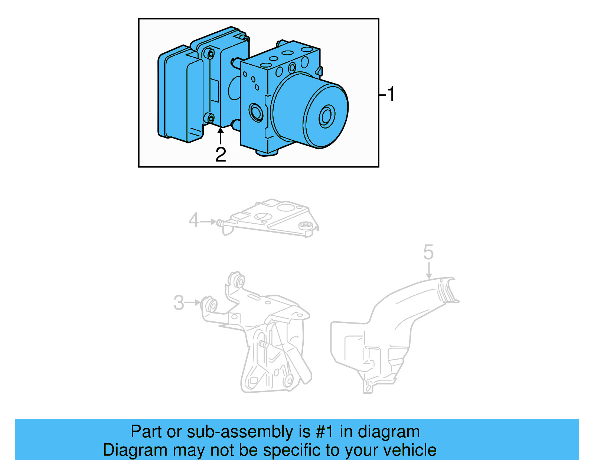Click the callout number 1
coord(391,94)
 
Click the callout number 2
coord(221,155)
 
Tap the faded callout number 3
coord(179,303)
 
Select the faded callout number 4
coord(194,220)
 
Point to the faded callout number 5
coord(428,253)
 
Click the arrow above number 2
coord(221,135)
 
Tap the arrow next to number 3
coord(193,303)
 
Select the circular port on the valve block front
coord(256,112)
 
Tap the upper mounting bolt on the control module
coord(210,55)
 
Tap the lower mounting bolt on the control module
coord(210,119)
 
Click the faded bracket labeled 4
coord(273,219)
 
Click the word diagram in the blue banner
coord(389,432)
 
